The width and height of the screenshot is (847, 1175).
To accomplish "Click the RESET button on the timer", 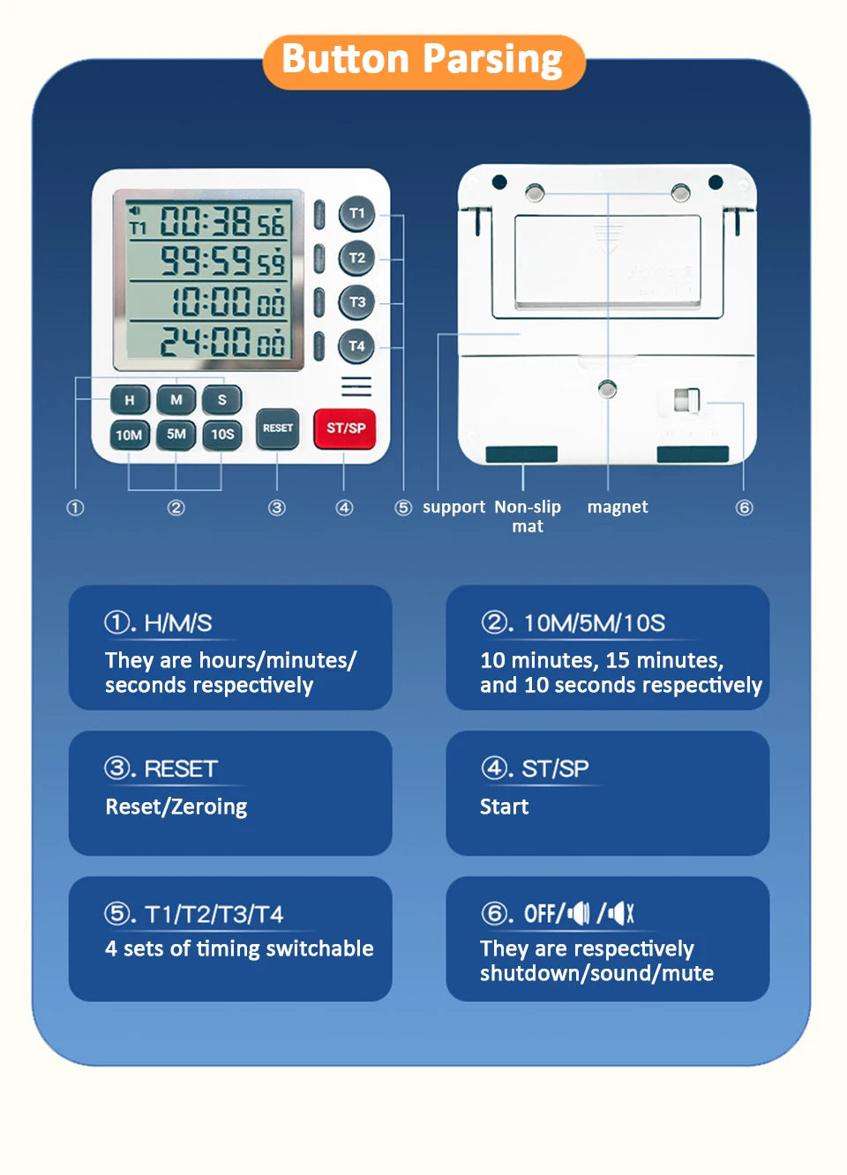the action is point(277,428).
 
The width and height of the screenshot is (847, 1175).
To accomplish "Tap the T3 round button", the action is point(356,302).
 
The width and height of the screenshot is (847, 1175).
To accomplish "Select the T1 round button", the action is point(356,213).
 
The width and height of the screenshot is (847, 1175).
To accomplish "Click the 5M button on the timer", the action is point(176,435).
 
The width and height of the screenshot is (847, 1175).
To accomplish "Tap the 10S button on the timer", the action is point(222,435).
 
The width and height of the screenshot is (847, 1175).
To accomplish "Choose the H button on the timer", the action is point(130,400).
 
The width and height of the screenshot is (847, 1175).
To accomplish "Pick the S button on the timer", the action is point(222,400).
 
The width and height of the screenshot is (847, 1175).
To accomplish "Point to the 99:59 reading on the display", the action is point(205,261).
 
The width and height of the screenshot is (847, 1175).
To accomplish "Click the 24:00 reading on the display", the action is point(205,341).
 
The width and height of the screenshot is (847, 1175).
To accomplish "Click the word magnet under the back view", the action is point(617,507).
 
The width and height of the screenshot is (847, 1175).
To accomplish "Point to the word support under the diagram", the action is point(453,507).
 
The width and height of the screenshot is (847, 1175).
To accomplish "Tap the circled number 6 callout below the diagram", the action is point(744,508).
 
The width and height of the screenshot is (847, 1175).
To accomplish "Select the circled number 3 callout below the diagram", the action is point(277,508).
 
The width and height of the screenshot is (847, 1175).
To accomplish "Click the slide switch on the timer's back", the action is point(686,400).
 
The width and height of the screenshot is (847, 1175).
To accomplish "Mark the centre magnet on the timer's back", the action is point(608,389).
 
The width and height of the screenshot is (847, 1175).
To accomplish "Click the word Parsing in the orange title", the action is point(492,60).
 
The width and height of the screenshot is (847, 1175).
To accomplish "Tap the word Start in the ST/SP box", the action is point(504,807).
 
